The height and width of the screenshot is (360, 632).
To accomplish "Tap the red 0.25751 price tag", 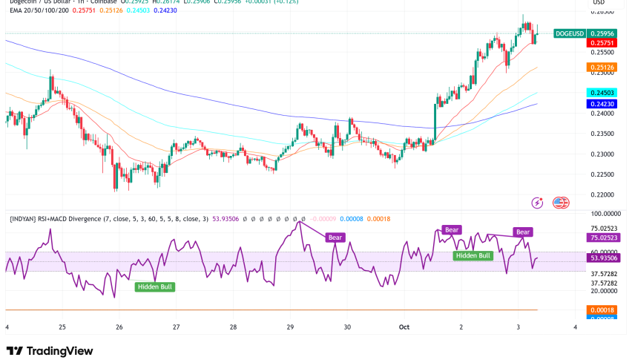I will click(602, 44).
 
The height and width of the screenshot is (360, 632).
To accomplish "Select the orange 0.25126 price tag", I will click(602, 68).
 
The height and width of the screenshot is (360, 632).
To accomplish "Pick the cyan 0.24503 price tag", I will click(602, 92).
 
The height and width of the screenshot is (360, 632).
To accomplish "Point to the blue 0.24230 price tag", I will click(602, 105).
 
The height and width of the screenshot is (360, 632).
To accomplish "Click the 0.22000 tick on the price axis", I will click(602, 194).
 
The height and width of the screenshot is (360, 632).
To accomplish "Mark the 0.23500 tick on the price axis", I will click(602, 134).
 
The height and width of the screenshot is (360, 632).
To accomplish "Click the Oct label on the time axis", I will click(404, 327).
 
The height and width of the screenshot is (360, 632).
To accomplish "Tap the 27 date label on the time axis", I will click(176, 327).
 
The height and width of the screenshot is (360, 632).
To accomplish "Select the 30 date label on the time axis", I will click(347, 327).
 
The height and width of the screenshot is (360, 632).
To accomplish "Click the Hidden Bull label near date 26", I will click(154, 286).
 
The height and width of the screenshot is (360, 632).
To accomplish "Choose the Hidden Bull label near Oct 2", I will click(473, 255).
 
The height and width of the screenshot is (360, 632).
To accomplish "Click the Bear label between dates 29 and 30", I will click(336, 238).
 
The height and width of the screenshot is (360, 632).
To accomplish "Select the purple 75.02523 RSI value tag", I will click(602, 238).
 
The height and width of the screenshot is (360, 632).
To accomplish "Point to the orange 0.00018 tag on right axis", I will click(602, 309).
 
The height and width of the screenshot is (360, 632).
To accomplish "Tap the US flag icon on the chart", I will click(561, 203).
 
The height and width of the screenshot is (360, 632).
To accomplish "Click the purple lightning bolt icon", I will click(537, 203).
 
